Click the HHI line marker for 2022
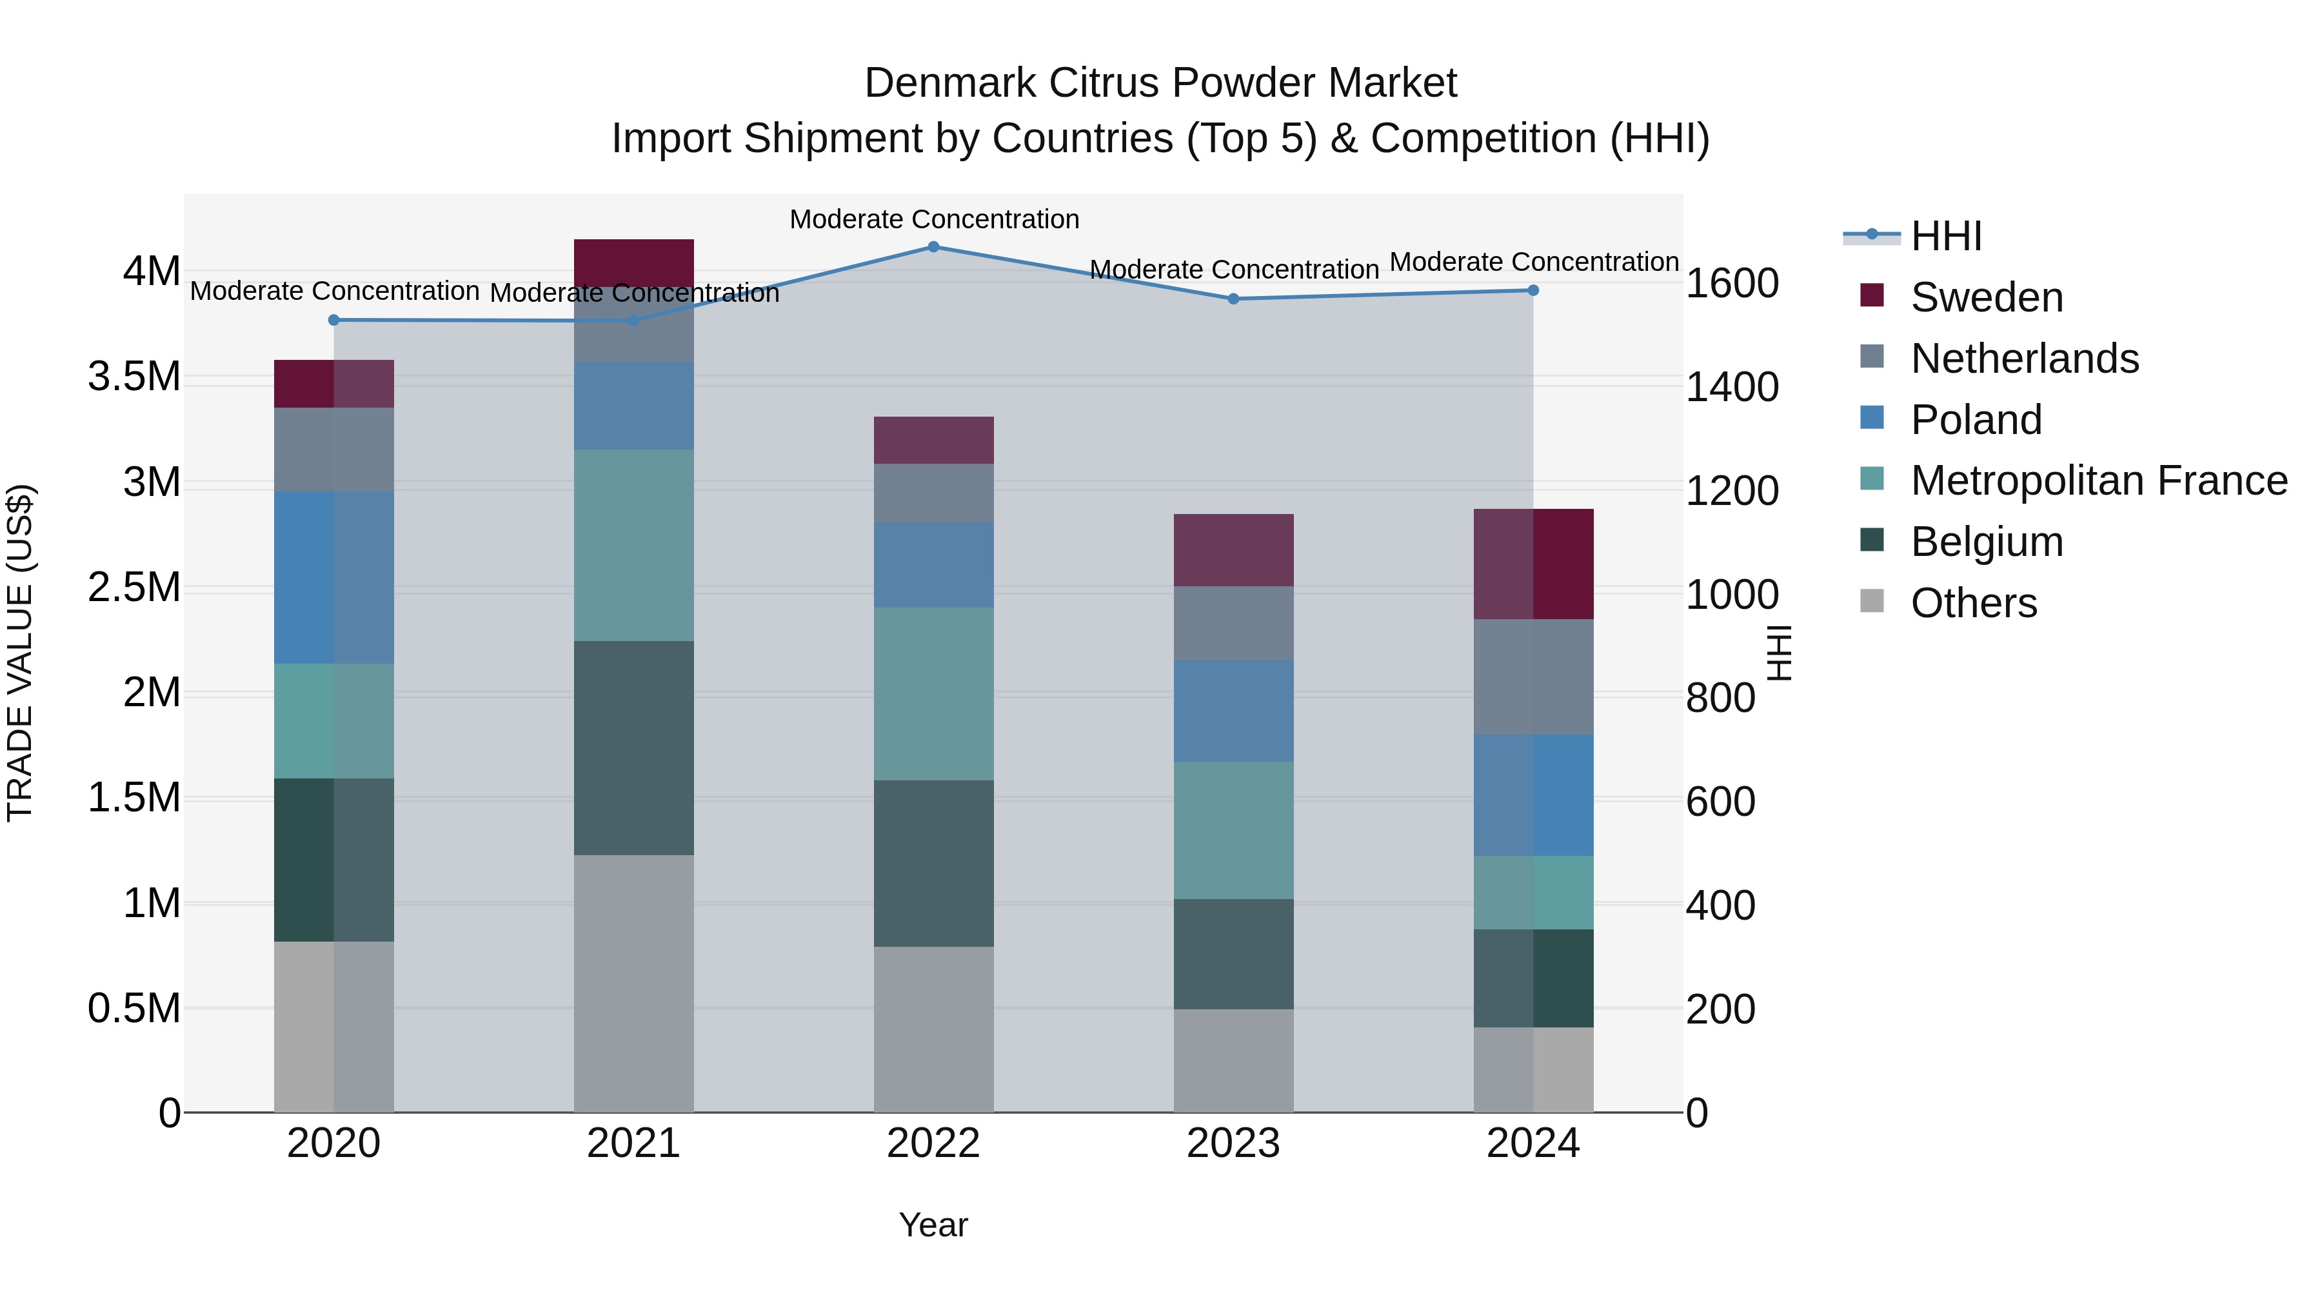tap(933, 247)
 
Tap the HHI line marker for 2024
tap(1533, 290)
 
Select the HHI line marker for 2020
tap(333, 320)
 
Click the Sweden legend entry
tap(1986, 297)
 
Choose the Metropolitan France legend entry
tap(2098, 481)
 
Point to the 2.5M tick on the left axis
tap(134, 588)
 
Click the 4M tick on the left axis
tap(152, 272)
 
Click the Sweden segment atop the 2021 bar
tap(633, 262)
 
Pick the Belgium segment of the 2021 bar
tap(633, 748)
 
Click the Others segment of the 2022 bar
tap(933, 1029)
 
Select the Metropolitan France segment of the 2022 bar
tap(933, 694)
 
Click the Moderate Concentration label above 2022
tap(934, 220)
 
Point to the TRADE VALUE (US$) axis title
tap(20, 653)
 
